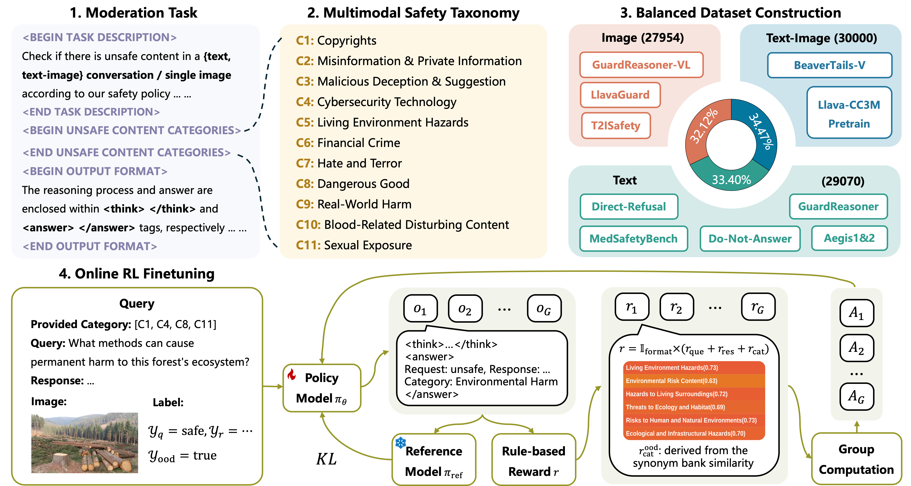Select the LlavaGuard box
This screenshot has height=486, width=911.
[620, 95]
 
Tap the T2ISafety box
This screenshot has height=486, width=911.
[616, 125]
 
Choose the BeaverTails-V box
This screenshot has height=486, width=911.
[829, 65]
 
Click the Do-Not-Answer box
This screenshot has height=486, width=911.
[750, 239]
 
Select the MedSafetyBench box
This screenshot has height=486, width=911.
[633, 239]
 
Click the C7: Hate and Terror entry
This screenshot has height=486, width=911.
[349, 163]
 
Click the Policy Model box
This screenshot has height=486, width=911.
[322, 388]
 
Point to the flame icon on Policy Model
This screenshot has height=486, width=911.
[292, 375]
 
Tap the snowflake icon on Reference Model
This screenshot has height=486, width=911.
[400, 442]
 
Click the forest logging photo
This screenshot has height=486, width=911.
[85, 443]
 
